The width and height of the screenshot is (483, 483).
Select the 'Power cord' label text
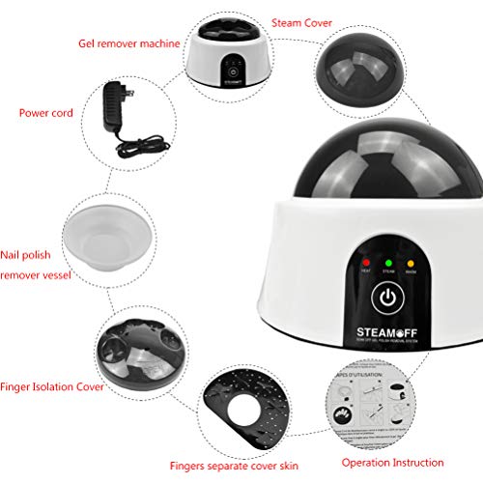(45, 112)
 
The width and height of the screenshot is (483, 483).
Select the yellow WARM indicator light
(412, 262)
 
